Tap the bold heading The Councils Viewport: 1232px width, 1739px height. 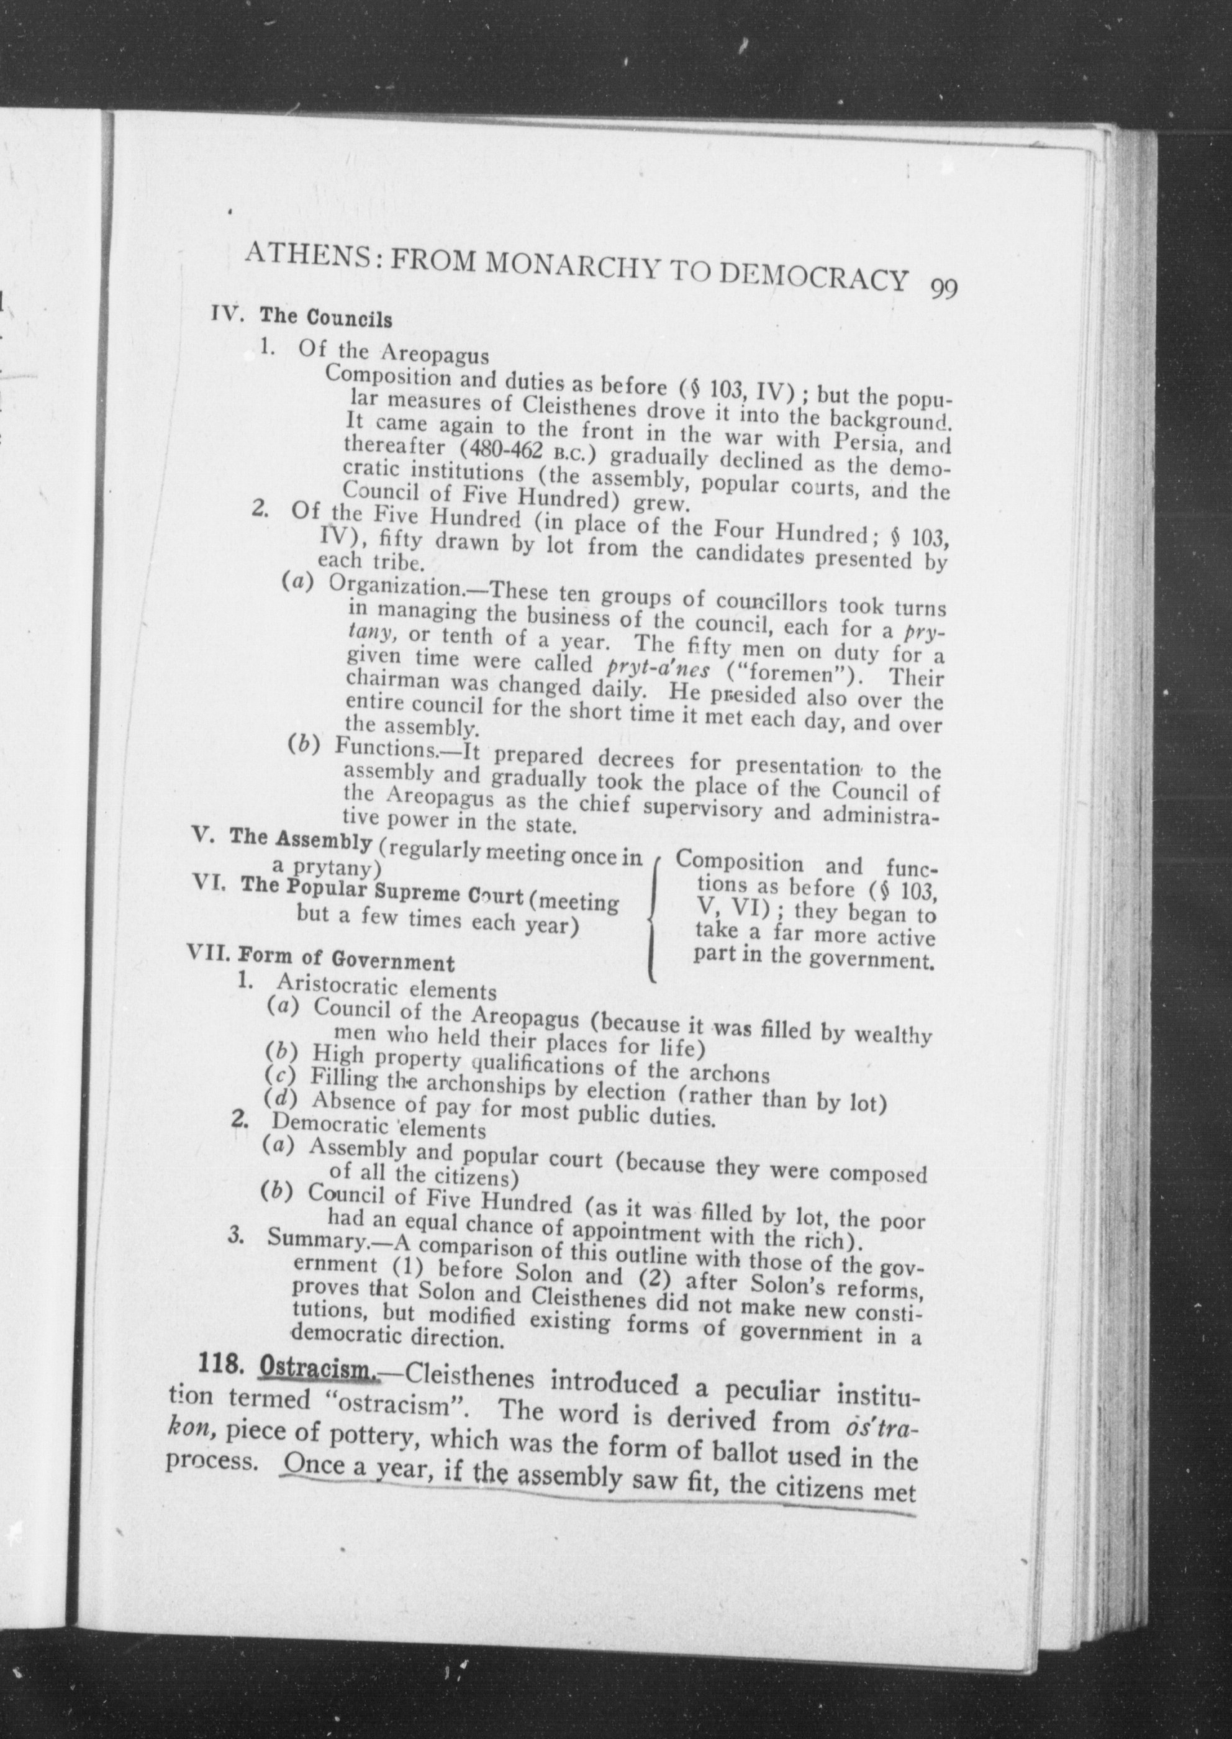326,317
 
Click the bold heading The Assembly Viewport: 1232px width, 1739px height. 301,841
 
